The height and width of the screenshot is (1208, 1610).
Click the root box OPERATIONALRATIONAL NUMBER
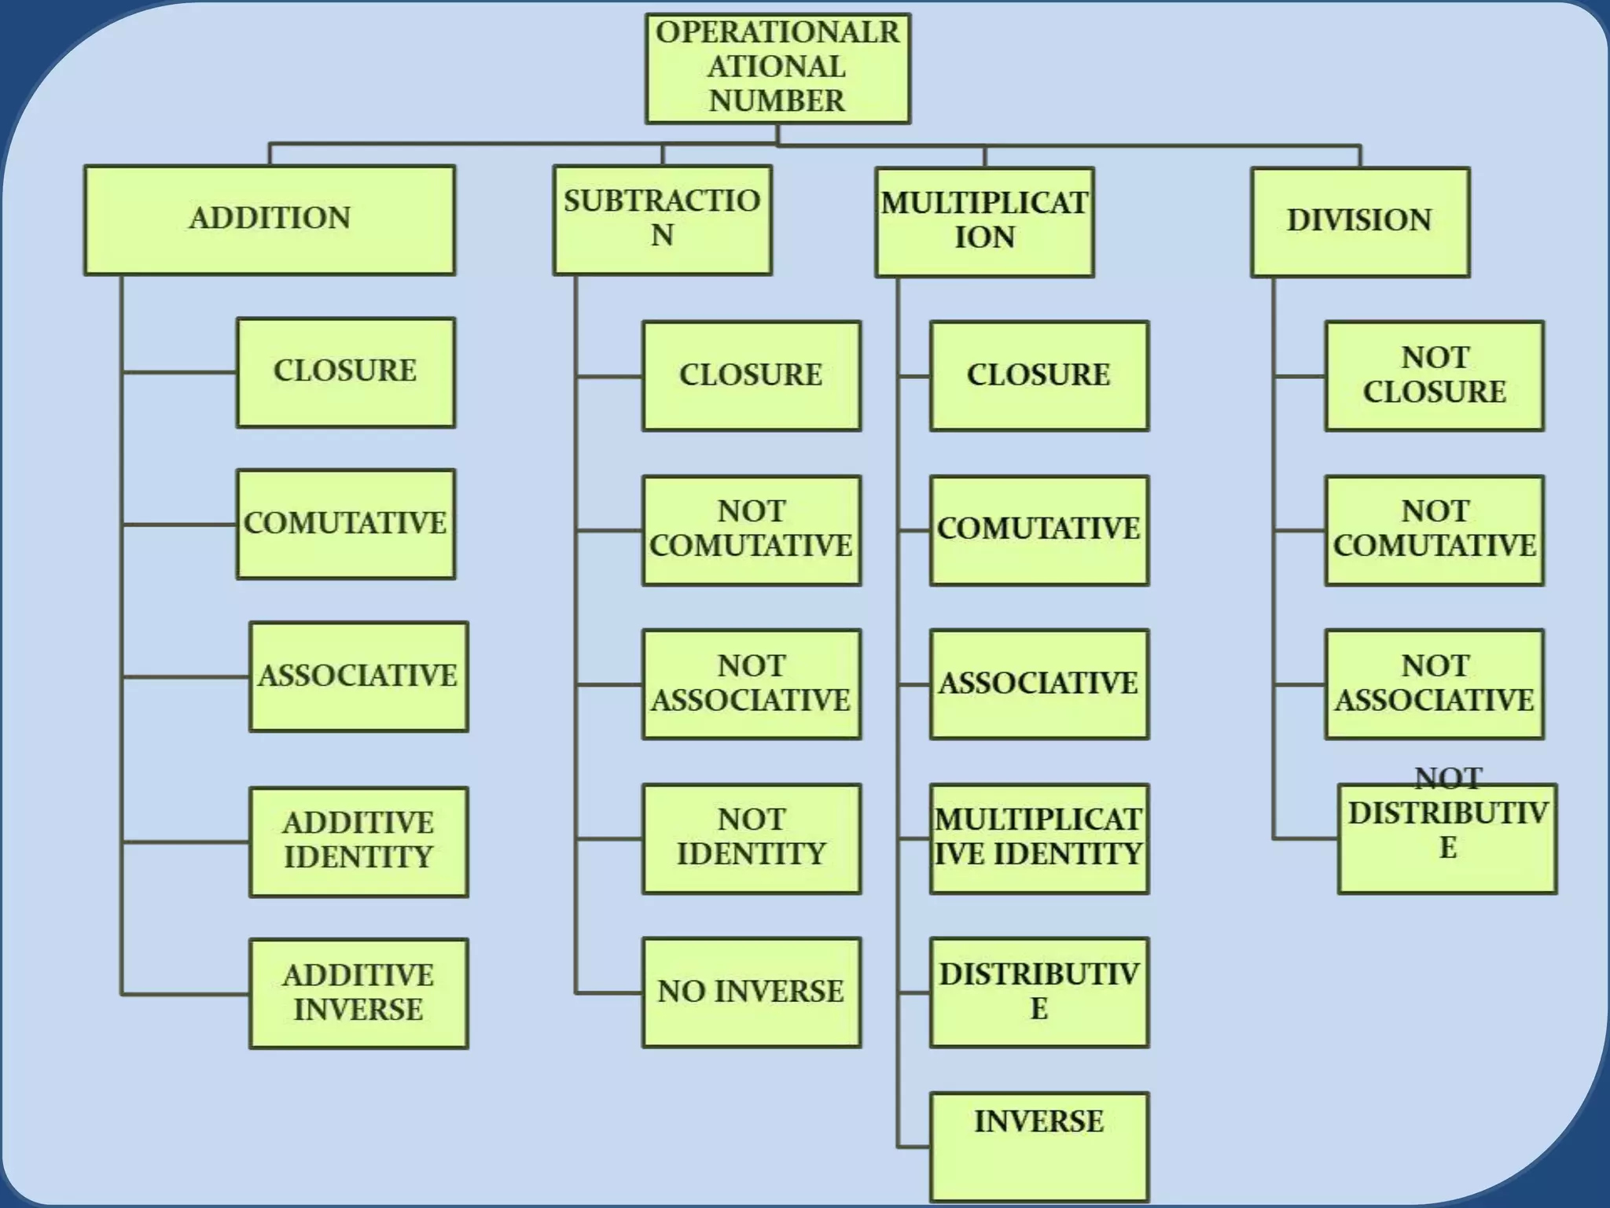pyautogui.click(x=777, y=68)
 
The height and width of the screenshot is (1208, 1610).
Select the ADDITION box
pyautogui.click(x=270, y=219)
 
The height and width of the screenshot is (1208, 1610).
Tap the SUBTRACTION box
pyautogui.click(x=662, y=219)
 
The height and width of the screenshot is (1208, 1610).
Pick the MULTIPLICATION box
pyautogui.click(x=984, y=221)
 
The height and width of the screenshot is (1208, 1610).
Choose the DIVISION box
pyautogui.click(x=1360, y=221)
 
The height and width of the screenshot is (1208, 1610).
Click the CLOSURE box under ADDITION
pyautogui.click(x=346, y=372)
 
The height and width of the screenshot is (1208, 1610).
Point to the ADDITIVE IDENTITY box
pyautogui.click(x=358, y=842)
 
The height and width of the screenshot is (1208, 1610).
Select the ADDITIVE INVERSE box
pyautogui.click(x=358, y=993)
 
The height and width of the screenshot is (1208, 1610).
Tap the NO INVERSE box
pyautogui.click(x=752, y=992)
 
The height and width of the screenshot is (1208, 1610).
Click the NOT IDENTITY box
pyautogui.click(x=752, y=838)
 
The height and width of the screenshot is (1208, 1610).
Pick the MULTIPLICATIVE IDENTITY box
pyautogui.click(x=1038, y=838)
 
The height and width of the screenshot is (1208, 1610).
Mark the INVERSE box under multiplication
pyautogui.click(x=1038, y=1145)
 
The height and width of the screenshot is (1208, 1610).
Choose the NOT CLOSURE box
pyautogui.click(x=1435, y=375)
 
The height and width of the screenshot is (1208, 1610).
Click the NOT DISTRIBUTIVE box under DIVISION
pyautogui.click(x=1447, y=838)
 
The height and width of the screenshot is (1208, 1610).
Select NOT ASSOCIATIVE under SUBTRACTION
pyautogui.click(x=752, y=683)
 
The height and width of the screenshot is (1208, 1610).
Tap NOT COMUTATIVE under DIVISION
pyautogui.click(x=1435, y=529)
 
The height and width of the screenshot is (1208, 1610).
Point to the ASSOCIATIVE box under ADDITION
pyautogui.click(x=358, y=676)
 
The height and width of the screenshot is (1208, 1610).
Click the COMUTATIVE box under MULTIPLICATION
pyautogui.click(x=1038, y=529)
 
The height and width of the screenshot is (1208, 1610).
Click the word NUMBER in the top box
pyautogui.click(x=777, y=101)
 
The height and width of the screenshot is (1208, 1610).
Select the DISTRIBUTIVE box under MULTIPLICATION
pyautogui.click(x=1038, y=992)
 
